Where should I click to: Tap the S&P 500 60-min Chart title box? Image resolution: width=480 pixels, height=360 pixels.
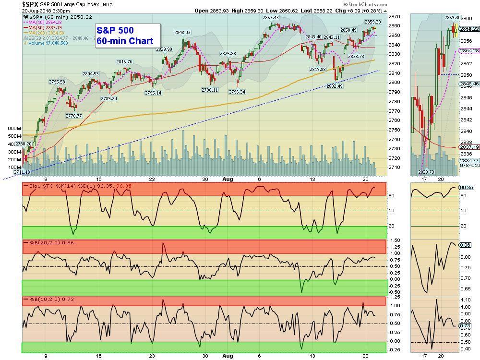(x=125, y=36)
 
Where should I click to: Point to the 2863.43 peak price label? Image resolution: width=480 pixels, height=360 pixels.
(x=271, y=18)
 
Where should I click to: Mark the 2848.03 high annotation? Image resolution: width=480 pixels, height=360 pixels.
(x=182, y=33)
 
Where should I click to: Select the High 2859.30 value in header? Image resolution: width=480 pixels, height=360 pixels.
(x=240, y=10)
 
